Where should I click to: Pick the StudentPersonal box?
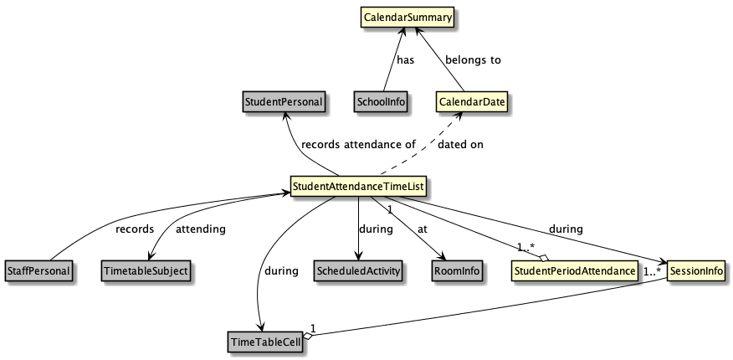point(284,102)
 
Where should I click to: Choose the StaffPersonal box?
point(38,270)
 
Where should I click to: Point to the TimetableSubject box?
point(145,270)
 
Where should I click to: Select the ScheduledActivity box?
point(358,270)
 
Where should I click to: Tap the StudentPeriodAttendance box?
point(573,270)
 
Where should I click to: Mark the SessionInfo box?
point(695,270)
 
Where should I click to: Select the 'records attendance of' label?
point(358,144)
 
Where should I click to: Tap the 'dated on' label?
point(460,144)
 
